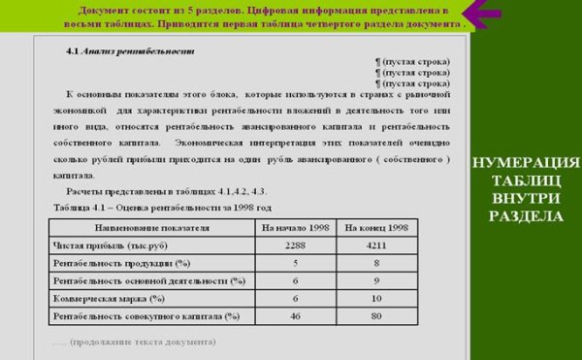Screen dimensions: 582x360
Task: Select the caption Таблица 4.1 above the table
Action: click(161, 208)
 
